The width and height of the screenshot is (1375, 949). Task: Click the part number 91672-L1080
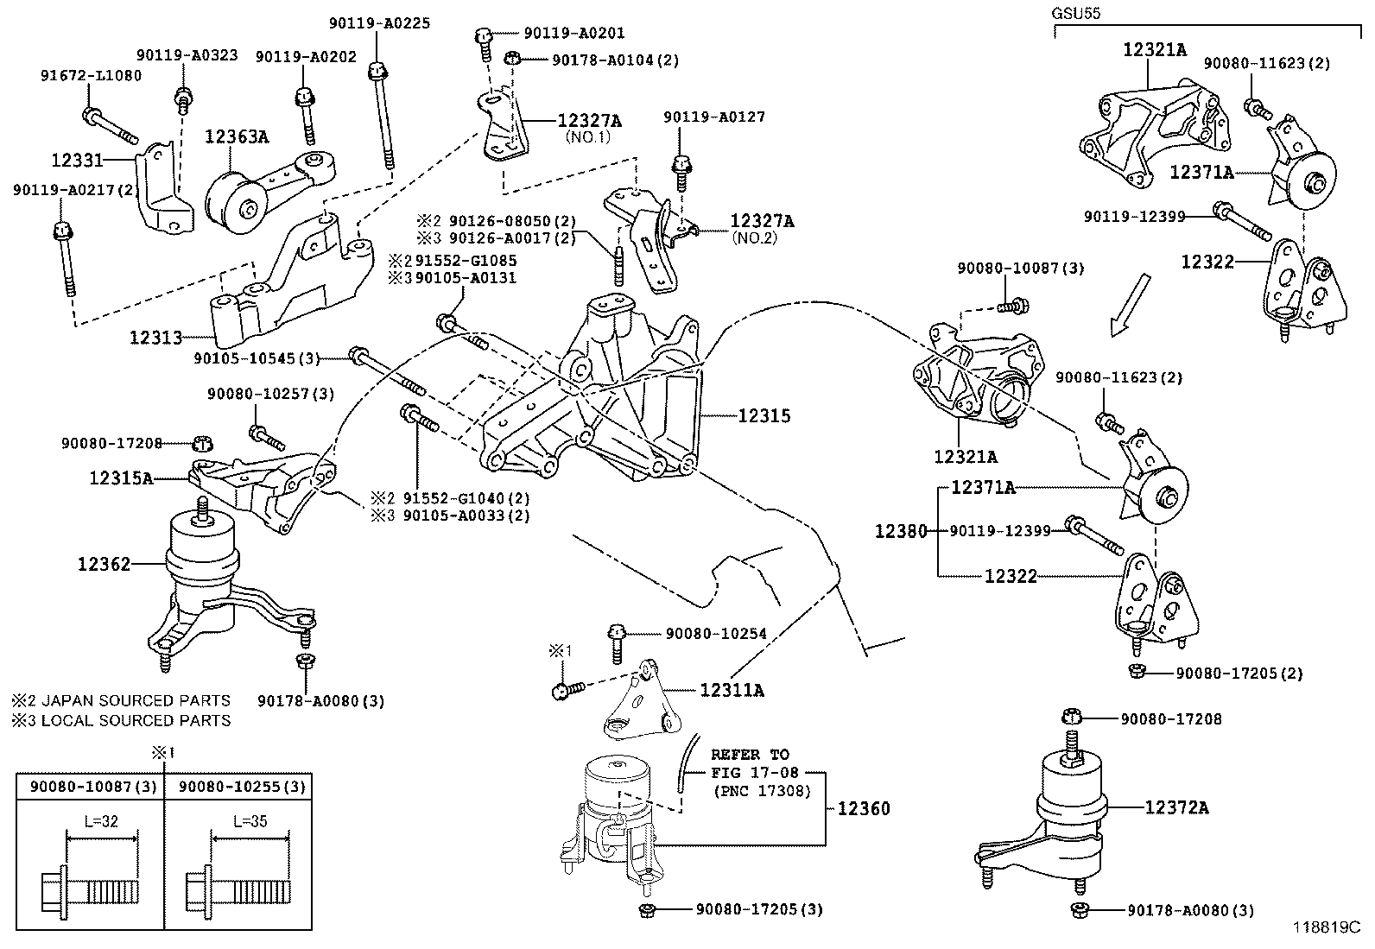(x=91, y=75)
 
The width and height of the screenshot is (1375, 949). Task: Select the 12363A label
(x=237, y=136)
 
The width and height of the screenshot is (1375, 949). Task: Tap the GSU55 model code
(x=1075, y=14)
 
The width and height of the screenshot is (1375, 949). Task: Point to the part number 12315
(x=764, y=415)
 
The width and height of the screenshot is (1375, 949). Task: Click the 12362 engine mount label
(x=105, y=564)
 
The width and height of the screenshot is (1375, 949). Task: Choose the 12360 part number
(x=864, y=808)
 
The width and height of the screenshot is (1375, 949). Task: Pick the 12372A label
(x=1176, y=807)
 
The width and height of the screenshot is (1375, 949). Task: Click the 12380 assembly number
(x=900, y=531)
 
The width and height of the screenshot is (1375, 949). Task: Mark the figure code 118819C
(x=1327, y=927)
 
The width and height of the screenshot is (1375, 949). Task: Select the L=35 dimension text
(x=250, y=821)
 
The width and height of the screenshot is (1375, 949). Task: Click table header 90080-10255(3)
(x=238, y=787)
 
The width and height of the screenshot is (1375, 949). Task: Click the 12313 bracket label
(x=156, y=337)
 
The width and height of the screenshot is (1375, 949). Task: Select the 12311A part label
(x=732, y=690)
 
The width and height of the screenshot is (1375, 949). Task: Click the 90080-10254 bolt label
(x=716, y=634)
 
